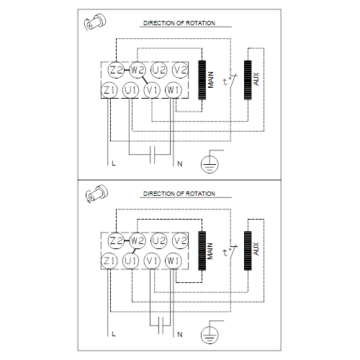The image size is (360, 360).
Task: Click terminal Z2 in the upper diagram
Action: click(116, 70)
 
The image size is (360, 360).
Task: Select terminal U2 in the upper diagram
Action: click(159, 70)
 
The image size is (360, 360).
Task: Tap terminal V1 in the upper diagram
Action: click(152, 90)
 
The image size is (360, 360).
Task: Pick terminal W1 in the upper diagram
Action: click(174, 90)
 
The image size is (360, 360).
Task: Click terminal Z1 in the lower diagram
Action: click(109, 261)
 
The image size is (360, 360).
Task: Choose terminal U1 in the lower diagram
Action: click(131, 261)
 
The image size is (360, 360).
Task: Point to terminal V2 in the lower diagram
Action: click(180, 240)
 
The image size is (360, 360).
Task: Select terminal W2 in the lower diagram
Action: click(138, 240)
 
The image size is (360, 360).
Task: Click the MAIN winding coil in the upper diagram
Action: click(202, 80)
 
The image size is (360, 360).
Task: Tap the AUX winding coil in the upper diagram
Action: click(248, 80)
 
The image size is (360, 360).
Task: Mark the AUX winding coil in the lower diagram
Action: click(248, 251)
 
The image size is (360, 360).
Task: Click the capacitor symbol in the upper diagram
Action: click(152, 155)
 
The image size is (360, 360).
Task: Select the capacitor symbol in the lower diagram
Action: click(161, 325)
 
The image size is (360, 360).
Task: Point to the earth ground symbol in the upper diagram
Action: click(210, 164)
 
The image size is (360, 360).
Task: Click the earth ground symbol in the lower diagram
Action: click(210, 335)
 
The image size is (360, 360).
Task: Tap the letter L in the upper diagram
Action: click(114, 163)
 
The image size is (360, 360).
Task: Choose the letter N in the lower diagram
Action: click(180, 334)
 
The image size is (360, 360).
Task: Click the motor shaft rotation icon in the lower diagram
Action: click(96, 194)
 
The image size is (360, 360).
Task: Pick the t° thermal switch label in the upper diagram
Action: click(227, 81)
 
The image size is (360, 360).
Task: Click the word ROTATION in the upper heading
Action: click(200, 23)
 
